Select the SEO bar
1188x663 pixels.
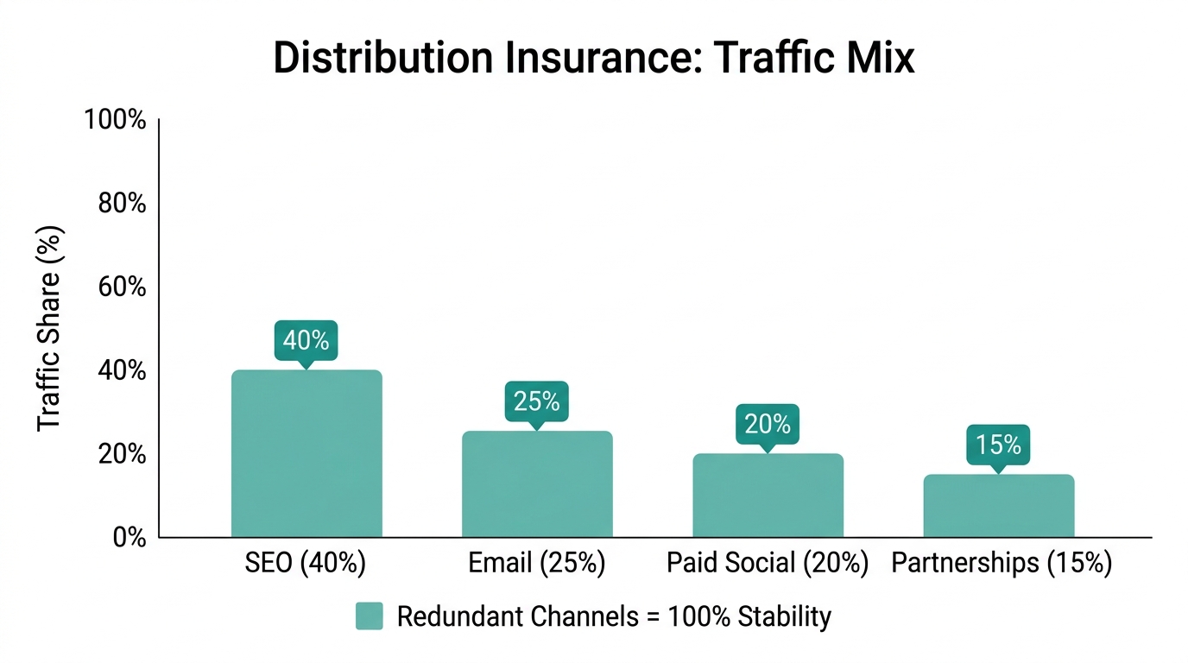(306, 454)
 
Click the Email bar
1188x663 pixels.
(537, 484)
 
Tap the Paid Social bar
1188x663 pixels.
(768, 496)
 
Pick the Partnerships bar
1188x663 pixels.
(999, 506)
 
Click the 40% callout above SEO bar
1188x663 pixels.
(306, 340)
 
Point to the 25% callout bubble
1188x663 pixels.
(536, 401)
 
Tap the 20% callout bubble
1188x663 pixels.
(768, 424)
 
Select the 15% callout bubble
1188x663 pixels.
(998, 445)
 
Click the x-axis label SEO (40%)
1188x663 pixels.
(306, 564)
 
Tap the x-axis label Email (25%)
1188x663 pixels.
(536, 564)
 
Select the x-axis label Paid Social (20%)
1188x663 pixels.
(767, 564)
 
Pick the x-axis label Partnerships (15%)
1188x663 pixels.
(1001, 564)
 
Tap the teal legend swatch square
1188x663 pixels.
(369, 616)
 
